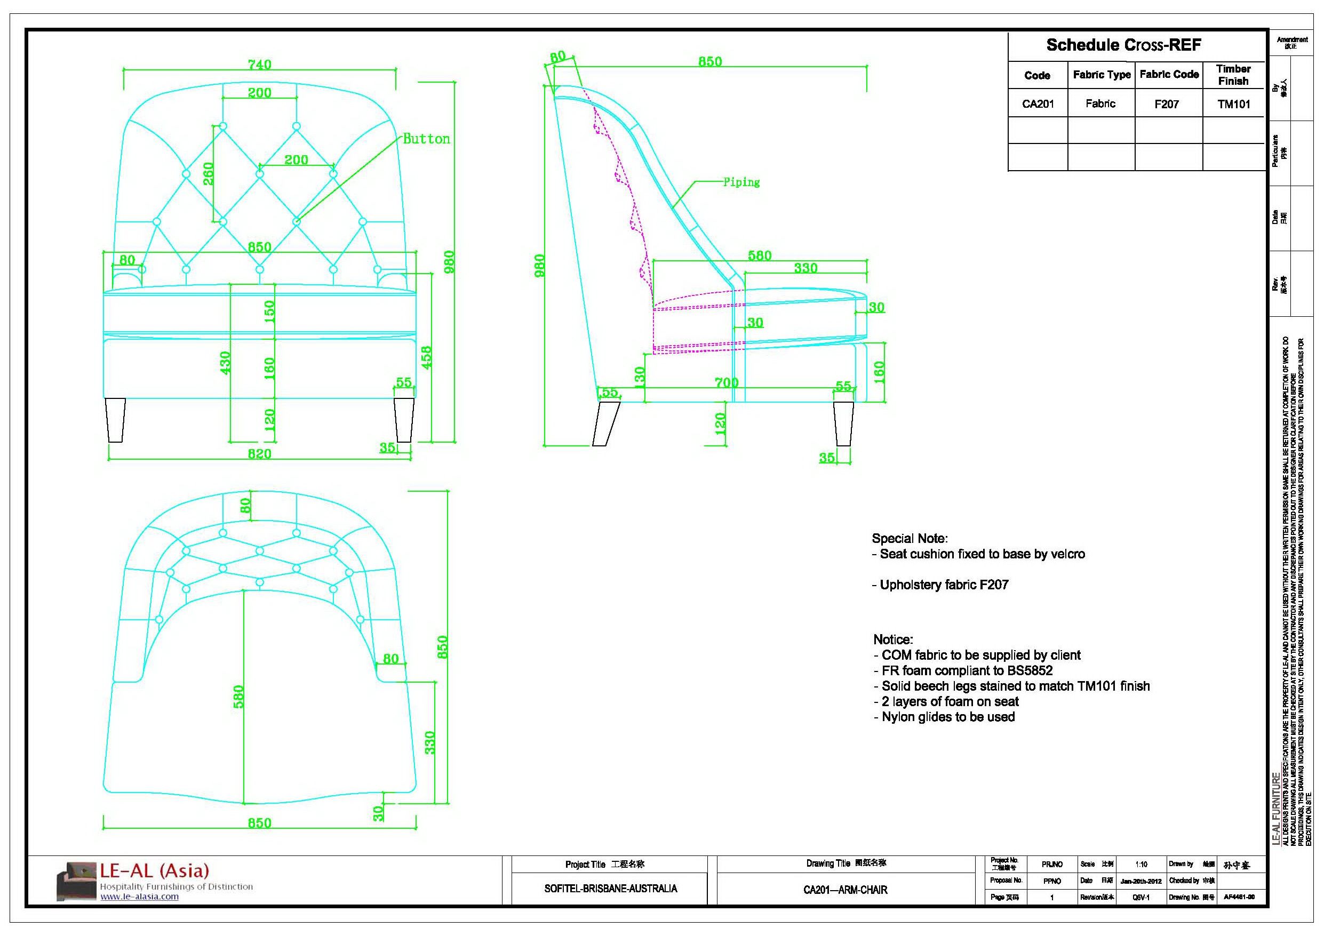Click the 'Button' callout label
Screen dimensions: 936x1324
tap(426, 139)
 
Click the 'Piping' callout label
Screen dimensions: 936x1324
tap(741, 182)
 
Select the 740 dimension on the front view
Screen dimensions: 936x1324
tap(259, 64)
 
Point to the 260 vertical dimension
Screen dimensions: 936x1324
tap(208, 173)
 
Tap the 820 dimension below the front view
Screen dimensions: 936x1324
tap(259, 454)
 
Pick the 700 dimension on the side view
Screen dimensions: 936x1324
tap(726, 382)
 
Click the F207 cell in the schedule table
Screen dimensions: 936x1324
tap(1167, 105)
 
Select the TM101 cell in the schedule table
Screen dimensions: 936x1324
tap(1233, 105)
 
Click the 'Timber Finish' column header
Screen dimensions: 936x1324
tap(1233, 75)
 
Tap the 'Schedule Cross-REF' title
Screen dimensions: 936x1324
tap(1123, 45)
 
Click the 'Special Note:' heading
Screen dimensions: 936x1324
tap(910, 538)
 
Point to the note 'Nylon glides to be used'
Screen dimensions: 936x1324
tap(948, 717)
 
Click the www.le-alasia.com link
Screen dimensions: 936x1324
tap(140, 896)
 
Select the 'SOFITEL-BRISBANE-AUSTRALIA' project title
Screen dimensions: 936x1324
tap(610, 888)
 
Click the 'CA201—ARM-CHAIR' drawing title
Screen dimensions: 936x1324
tap(845, 889)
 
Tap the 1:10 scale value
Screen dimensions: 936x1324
tap(1140, 864)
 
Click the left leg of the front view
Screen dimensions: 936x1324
tap(116, 420)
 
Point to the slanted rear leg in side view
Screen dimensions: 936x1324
tap(605, 424)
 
